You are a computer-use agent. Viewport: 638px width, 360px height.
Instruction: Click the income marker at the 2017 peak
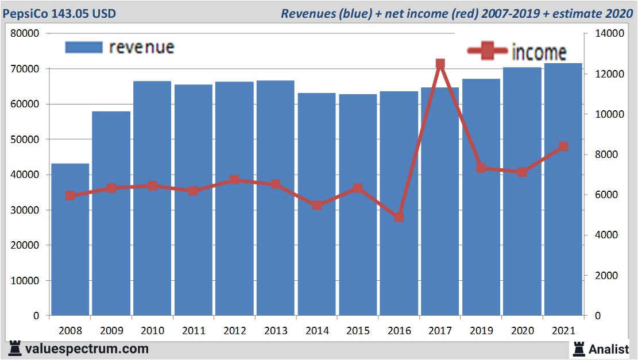(x=440, y=64)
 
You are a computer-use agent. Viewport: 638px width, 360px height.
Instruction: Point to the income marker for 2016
(x=399, y=217)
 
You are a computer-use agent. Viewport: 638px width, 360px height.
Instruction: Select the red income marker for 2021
(x=563, y=146)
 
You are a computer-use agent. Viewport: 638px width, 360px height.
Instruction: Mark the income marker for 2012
(x=234, y=180)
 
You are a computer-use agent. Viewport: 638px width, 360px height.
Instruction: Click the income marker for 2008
(x=70, y=196)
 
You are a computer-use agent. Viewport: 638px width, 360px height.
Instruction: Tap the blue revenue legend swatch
(x=83, y=48)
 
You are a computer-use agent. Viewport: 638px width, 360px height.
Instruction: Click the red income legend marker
(x=488, y=52)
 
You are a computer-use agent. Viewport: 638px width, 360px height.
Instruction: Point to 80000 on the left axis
(x=25, y=33)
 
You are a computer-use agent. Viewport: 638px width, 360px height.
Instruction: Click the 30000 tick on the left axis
(x=25, y=210)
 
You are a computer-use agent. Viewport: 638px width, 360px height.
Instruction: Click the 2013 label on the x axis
(x=276, y=331)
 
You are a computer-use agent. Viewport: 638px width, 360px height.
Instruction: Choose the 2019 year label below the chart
(x=481, y=331)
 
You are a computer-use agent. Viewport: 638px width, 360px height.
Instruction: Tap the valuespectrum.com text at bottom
(x=87, y=349)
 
